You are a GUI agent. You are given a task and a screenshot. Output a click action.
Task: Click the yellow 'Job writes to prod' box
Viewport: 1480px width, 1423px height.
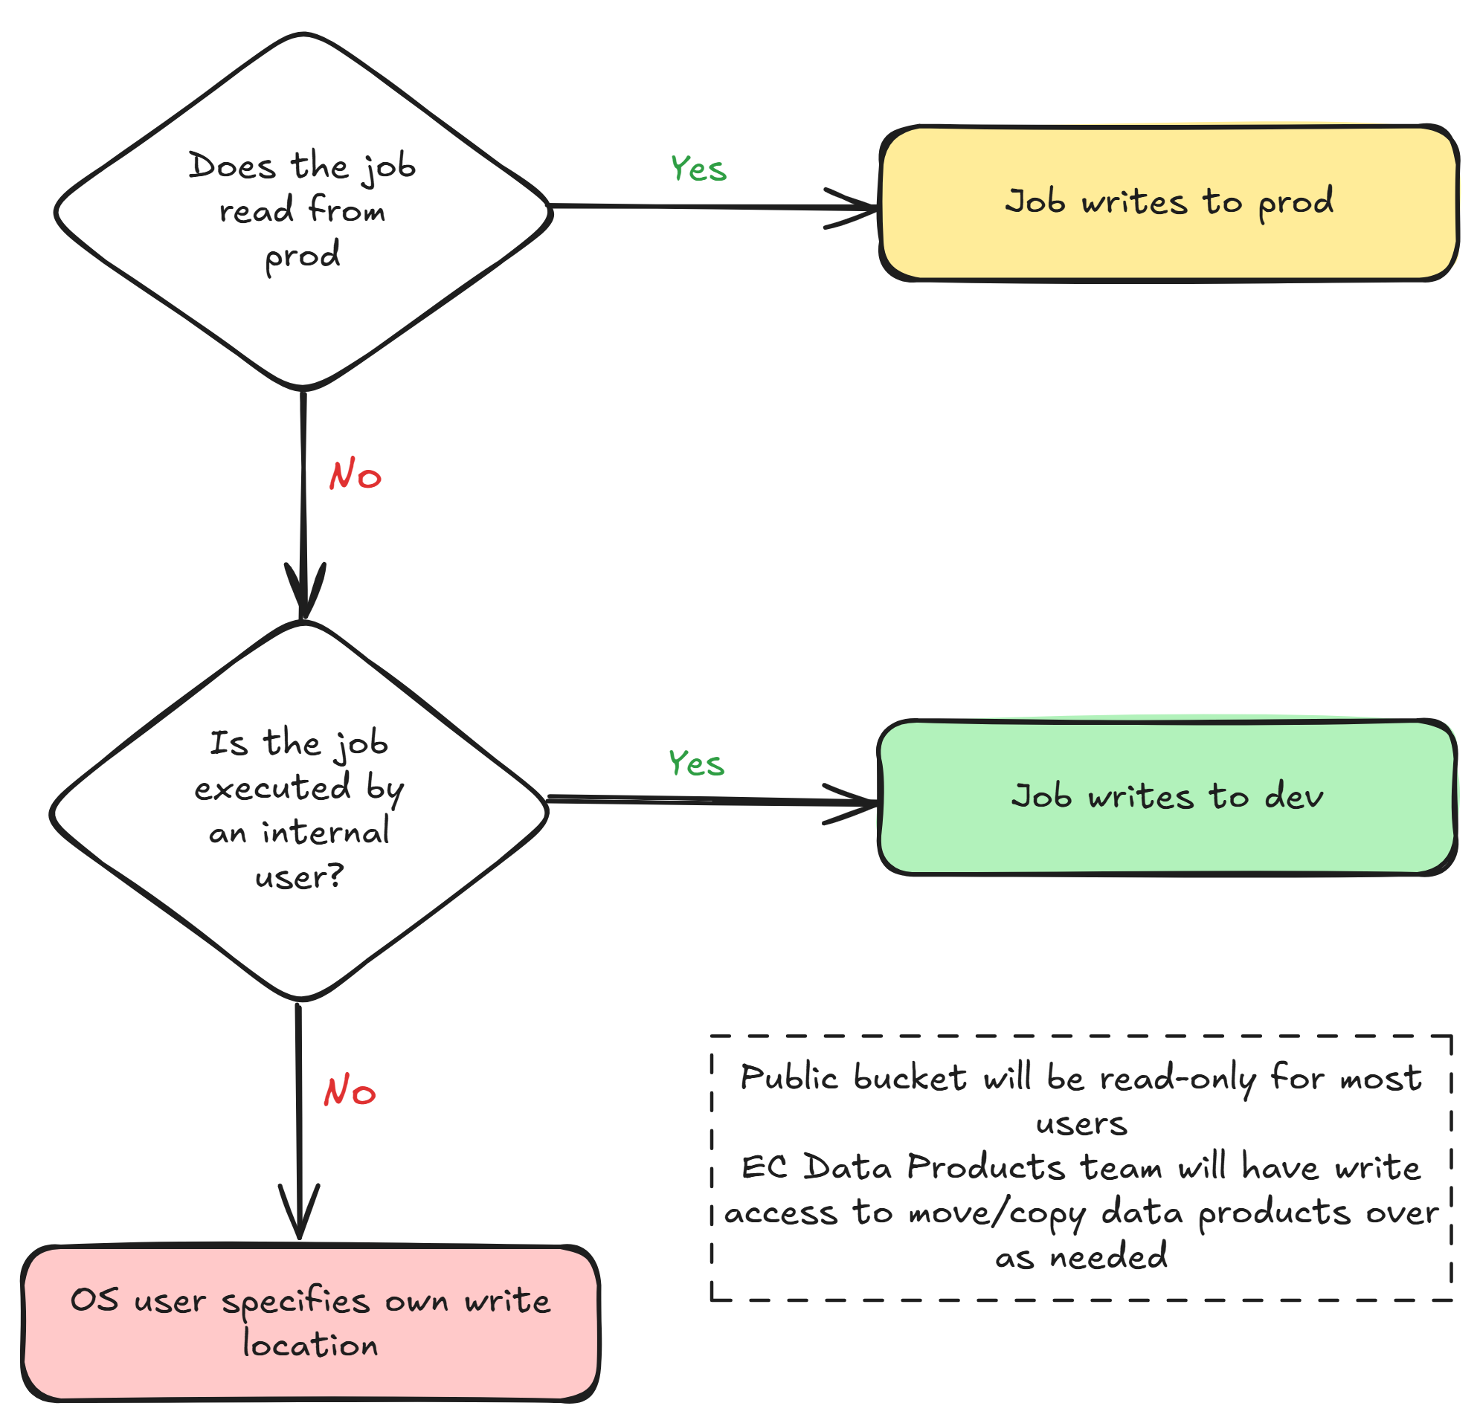point(1168,203)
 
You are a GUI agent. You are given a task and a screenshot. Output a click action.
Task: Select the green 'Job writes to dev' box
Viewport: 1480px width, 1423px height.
point(1167,797)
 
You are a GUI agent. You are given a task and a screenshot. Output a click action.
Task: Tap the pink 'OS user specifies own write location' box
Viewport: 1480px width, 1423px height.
point(310,1322)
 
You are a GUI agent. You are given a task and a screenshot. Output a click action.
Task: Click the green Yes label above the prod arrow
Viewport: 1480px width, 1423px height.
point(698,169)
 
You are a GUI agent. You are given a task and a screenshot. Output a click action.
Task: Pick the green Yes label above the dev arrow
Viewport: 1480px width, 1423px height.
point(696,764)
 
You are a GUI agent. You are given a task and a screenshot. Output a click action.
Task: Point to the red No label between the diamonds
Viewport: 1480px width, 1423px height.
point(355,475)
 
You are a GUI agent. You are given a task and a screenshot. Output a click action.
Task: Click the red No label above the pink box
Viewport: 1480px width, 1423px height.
point(350,1091)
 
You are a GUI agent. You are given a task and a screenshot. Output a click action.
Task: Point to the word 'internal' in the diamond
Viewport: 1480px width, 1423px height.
point(326,833)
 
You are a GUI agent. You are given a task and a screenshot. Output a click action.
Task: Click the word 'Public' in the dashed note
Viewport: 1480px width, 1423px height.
point(788,1077)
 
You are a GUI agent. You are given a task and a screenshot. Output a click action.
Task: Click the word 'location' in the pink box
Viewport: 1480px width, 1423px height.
point(310,1345)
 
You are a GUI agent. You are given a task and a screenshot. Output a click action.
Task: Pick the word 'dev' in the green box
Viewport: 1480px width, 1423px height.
point(1293,796)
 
